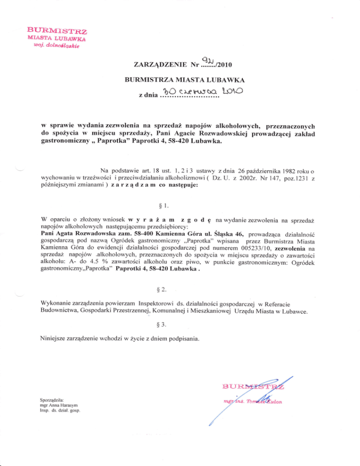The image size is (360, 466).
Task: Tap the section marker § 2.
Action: coord(180,296)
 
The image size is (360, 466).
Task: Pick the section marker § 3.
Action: coord(180,336)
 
